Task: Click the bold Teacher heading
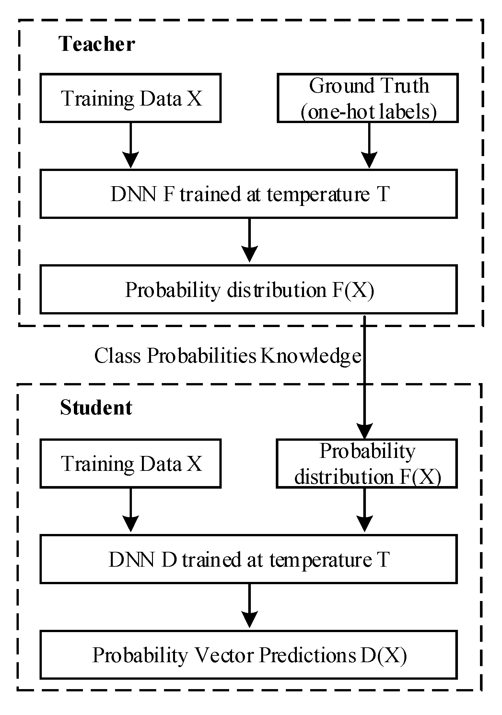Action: pyautogui.click(x=97, y=44)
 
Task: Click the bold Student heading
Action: pyautogui.click(x=96, y=407)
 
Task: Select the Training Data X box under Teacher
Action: pyautogui.click(x=131, y=98)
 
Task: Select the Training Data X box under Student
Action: pyautogui.click(x=131, y=463)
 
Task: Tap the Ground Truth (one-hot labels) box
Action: pyautogui.click(x=368, y=98)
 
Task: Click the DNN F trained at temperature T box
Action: pyautogui.click(x=249, y=194)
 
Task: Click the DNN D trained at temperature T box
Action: pyautogui.click(x=249, y=559)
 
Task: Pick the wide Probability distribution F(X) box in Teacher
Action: pyautogui.click(x=249, y=289)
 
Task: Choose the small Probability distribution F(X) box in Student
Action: pyautogui.click(x=367, y=463)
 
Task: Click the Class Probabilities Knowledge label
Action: pyautogui.click(x=228, y=356)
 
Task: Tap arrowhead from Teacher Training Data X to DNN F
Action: pyautogui.click(x=131, y=160)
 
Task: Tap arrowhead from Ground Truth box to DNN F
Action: pyautogui.click(x=369, y=160)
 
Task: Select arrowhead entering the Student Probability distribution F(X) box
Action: pyautogui.click(x=365, y=431)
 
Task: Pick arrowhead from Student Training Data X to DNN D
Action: pyautogui.click(x=131, y=525)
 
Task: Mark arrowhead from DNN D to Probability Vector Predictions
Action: pyautogui.click(x=249, y=620)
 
